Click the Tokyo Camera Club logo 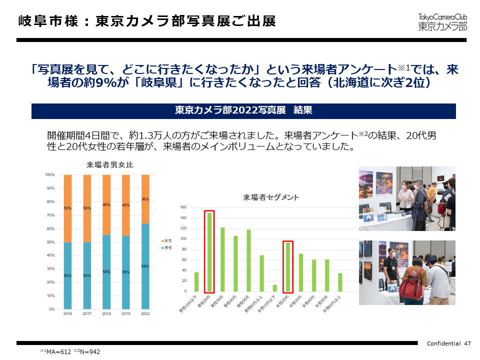coord(442,20)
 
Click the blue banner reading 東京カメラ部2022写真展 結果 coord(243,110)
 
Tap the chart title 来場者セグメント coord(271,197)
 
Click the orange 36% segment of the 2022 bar coord(145,199)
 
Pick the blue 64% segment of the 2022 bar coord(145,266)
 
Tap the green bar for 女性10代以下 coord(274,288)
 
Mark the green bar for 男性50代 coord(248,260)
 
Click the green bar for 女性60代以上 coord(340,282)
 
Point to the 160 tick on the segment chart coord(183,207)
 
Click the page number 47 coord(467,343)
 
